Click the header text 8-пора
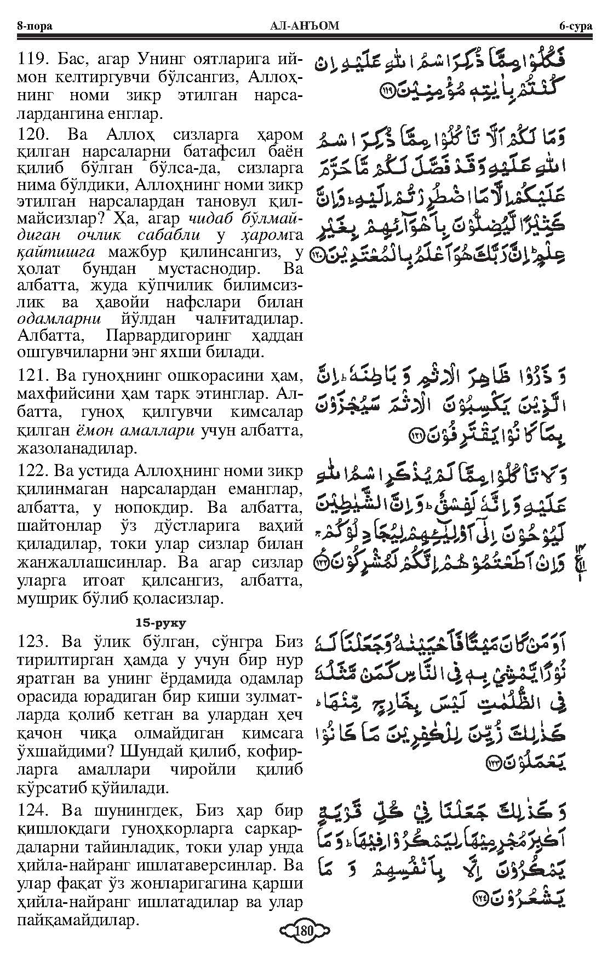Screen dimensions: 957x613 35,25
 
